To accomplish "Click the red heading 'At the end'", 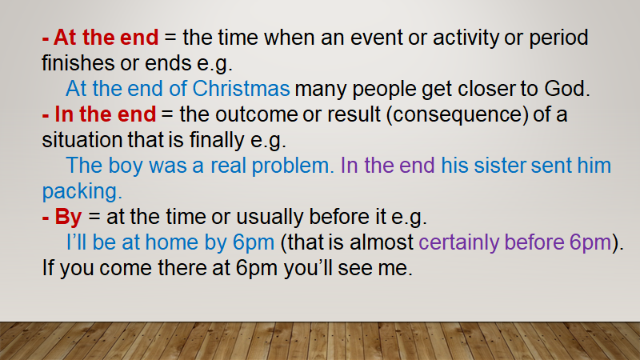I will (x=106, y=37).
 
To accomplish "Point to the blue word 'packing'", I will (x=79, y=192).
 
